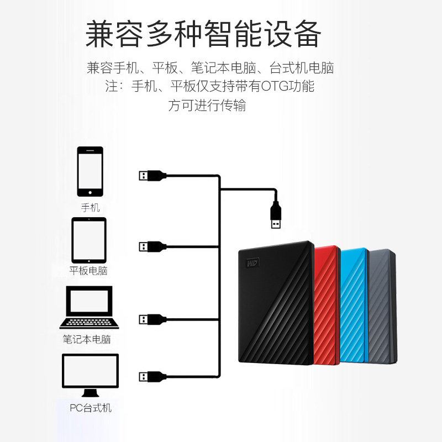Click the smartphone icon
click(x=90, y=171)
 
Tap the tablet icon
click(x=89, y=240)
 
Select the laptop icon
click(x=89, y=308)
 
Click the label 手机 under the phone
click(x=90, y=208)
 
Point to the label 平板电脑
click(x=88, y=271)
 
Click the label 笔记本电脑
click(x=87, y=339)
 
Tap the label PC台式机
click(x=91, y=408)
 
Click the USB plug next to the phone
click(x=151, y=176)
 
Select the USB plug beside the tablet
click(x=151, y=245)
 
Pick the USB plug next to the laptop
click(x=151, y=319)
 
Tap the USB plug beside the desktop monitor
click(x=151, y=377)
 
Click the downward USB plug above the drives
click(x=275, y=215)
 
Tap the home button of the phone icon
click(x=90, y=192)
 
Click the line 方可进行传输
click(x=207, y=106)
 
